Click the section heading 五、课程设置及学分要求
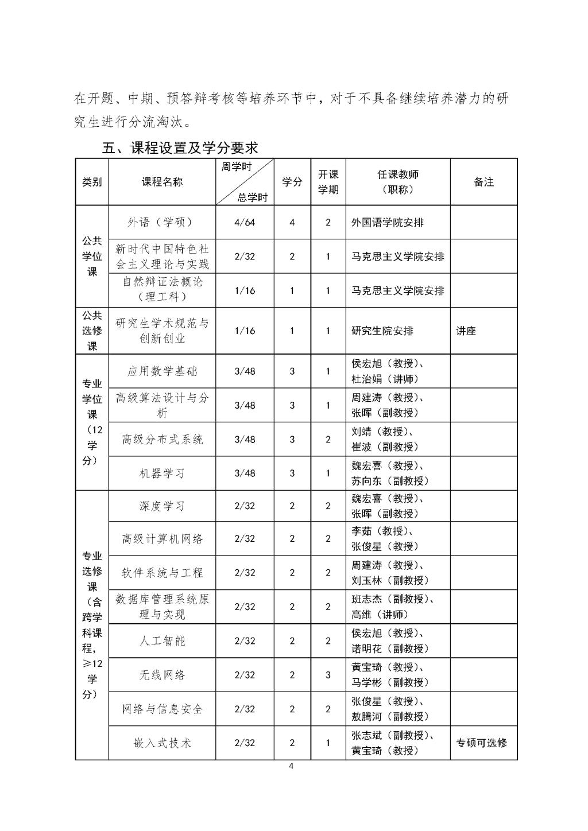[x=180, y=147]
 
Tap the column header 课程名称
[x=163, y=182]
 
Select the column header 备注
[x=483, y=182]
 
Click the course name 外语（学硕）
[x=163, y=222]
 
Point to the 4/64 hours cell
[x=245, y=222]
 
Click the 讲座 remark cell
[x=466, y=331]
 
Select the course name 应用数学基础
[x=163, y=371]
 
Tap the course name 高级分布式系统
[x=163, y=440]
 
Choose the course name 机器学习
[x=163, y=473]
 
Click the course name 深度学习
[x=163, y=506]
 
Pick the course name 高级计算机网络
[x=163, y=539]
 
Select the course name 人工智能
[x=163, y=641]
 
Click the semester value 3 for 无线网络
[x=328, y=675]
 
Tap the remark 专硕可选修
[x=482, y=743]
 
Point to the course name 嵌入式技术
[x=163, y=743]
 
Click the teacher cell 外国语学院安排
[x=388, y=222]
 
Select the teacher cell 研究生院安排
[x=382, y=331]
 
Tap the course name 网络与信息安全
[x=163, y=709]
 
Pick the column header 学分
[x=292, y=182]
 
